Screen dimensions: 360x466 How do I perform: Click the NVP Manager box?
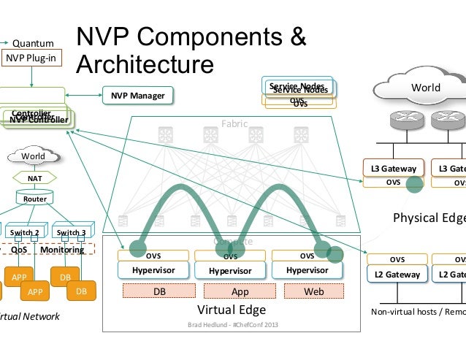coord(137,96)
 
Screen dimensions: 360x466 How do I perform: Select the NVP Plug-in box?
coord(31,58)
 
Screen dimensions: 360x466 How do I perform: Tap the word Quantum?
coord(33,42)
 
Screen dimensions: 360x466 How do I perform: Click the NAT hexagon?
coord(34,177)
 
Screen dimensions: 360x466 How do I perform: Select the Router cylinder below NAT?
coord(34,198)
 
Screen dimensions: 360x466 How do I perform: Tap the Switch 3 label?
coord(72,233)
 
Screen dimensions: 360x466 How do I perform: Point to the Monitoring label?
coord(62,250)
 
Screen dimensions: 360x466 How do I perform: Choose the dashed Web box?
coord(313,291)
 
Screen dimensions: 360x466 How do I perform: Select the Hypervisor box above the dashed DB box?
coord(153,270)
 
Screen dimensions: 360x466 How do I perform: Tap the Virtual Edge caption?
coord(232,310)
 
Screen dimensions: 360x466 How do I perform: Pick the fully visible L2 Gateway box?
coord(397,275)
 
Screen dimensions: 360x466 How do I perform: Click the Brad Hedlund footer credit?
coord(232,324)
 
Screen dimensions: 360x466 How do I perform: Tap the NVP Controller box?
coord(39,119)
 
